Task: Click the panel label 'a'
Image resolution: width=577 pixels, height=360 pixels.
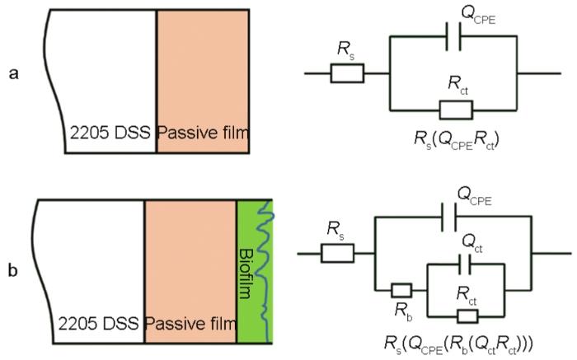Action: tap(13, 74)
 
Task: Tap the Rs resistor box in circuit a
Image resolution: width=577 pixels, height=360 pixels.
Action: tap(347, 74)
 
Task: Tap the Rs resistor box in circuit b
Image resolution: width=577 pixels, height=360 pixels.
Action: tap(336, 253)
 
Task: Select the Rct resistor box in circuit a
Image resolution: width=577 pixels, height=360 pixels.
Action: tap(455, 110)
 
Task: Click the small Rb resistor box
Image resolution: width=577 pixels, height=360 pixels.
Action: tap(401, 289)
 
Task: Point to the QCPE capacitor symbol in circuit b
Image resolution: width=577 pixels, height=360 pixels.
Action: tap(450, 219)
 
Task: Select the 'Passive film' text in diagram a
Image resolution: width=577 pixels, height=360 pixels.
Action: tap(202, 133)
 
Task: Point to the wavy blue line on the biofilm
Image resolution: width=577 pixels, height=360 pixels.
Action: tap(264, 264)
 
